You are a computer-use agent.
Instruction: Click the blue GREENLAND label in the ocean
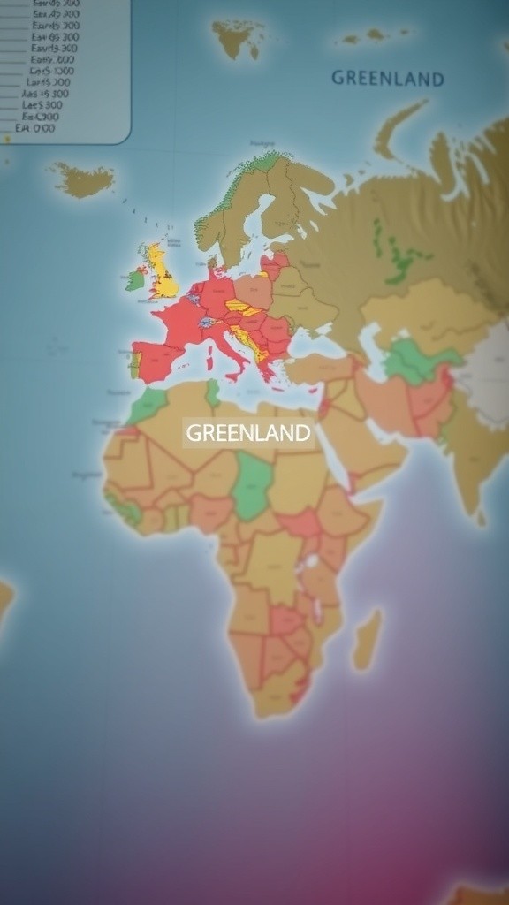pos(387,79)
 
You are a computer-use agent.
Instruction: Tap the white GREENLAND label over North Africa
pos(248,433)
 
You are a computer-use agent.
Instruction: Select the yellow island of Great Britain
pos(162,273)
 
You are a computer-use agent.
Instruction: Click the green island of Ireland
pos(134,280)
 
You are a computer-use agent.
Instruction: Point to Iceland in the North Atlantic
pos(83,180)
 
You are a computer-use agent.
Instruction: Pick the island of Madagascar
pos(367,638)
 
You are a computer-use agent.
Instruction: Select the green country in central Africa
pos(253,485)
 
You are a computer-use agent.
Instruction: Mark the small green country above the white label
pos(212,392)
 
